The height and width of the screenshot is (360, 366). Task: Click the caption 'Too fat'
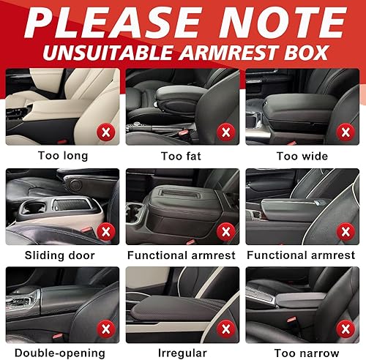(183, 156)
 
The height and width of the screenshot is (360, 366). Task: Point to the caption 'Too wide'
(302, 156)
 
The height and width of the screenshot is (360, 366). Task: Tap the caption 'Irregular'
(183, 353)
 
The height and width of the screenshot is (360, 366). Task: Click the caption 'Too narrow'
(302, 353)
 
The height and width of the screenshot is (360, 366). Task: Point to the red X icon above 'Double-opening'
(105, 330)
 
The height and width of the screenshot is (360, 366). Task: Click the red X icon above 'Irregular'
(225, 330)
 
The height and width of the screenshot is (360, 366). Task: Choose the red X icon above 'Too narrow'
(344, 330)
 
